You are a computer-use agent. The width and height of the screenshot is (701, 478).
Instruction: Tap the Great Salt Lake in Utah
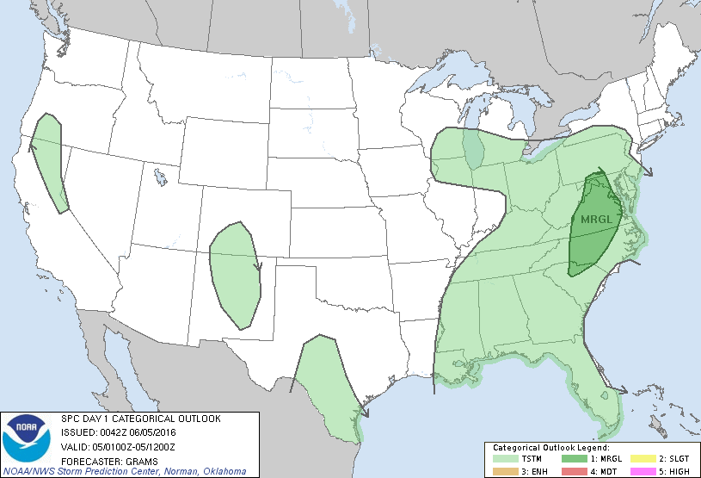tap(161, 179)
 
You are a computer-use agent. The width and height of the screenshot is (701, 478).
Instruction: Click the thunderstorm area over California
tap(51, 159)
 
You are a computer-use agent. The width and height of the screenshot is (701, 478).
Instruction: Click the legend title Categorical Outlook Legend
tap(550, 448)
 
